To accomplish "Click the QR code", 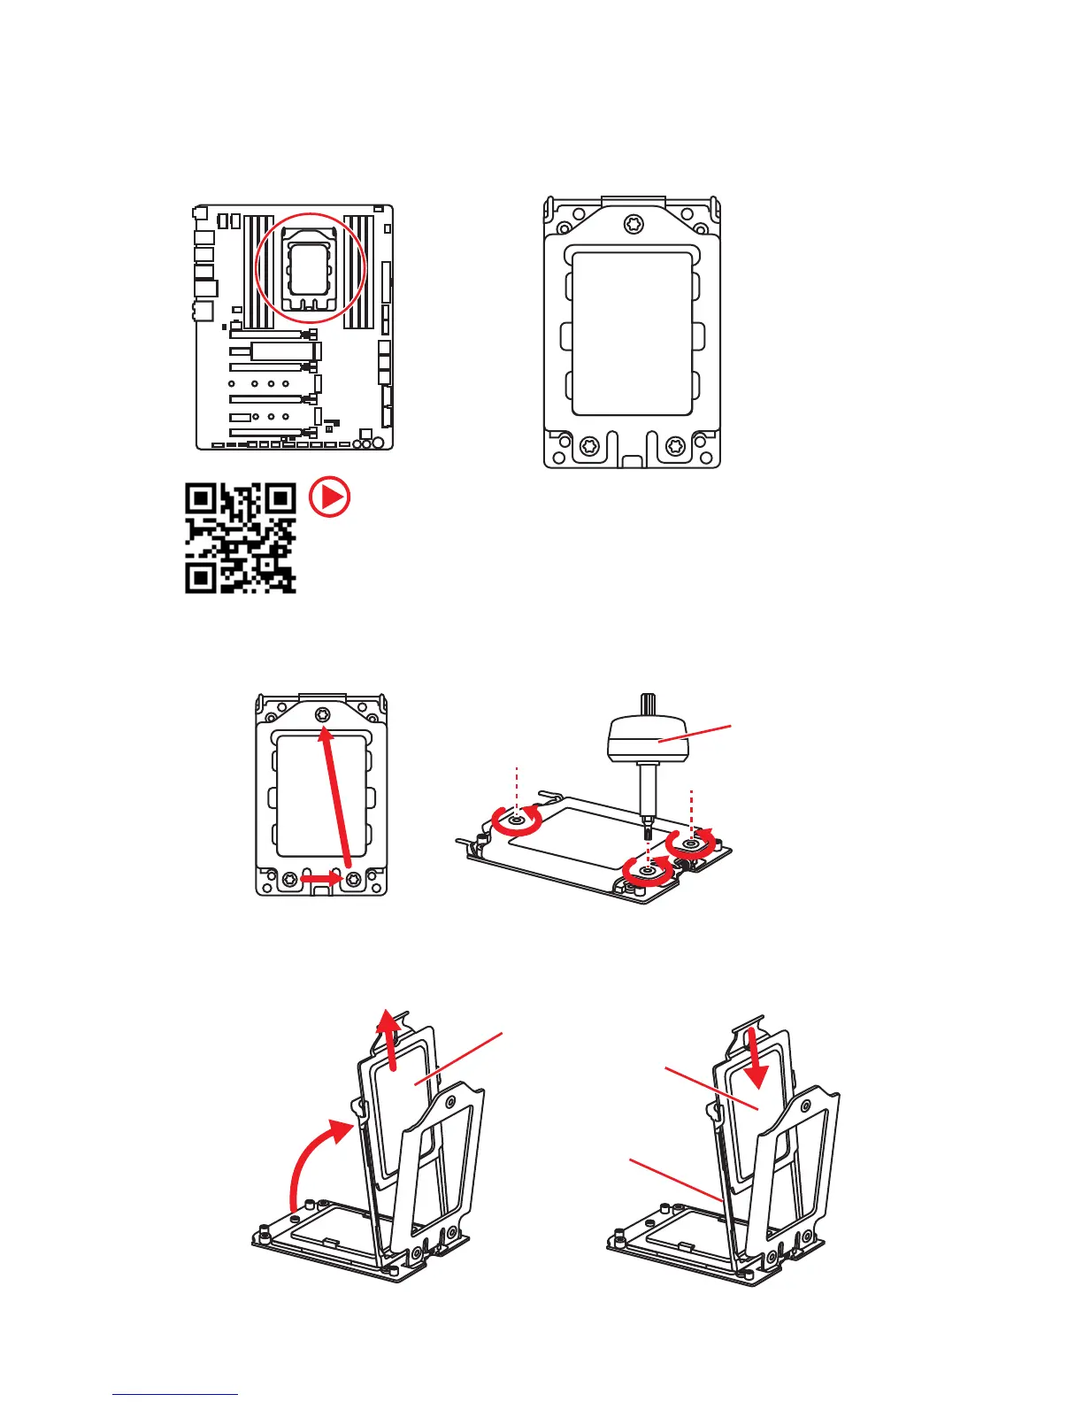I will (x=240, y=538).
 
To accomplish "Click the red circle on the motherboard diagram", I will (x=311, y=268).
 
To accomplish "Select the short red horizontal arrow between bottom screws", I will (x=320, y=879).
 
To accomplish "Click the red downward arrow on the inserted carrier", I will (x=753, y=1057).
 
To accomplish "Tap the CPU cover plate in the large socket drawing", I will (x=632, y=334).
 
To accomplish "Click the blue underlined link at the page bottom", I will (x=175, y=1395).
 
